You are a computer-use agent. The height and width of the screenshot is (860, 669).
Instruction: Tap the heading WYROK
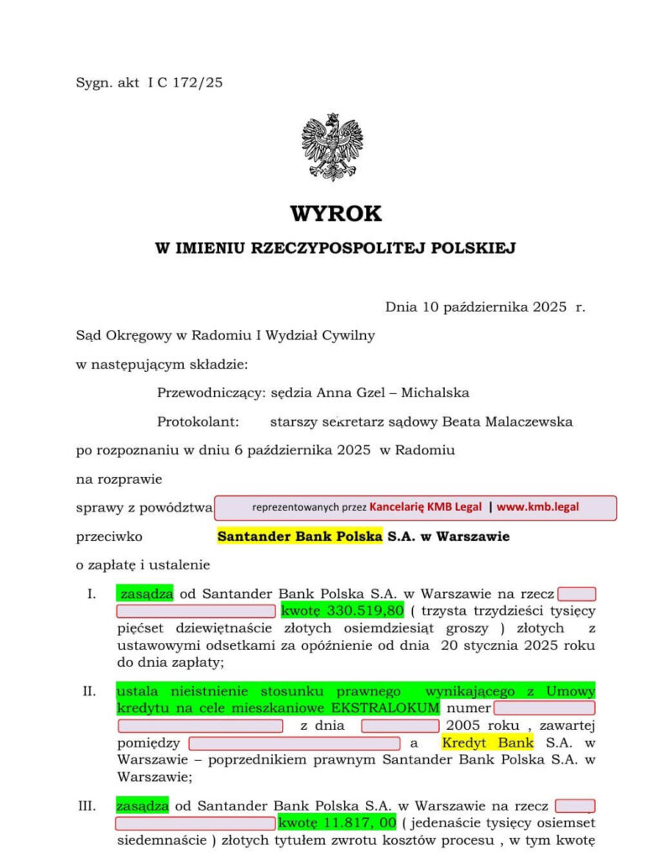point(336,213)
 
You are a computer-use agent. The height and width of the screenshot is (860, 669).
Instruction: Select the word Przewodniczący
point(205,392)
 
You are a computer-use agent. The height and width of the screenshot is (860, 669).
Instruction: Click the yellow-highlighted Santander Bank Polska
point(300,536)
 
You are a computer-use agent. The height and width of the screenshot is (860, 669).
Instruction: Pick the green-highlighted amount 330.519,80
point(342,611)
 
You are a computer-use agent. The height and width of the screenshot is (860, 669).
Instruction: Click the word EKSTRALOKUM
point(374,708)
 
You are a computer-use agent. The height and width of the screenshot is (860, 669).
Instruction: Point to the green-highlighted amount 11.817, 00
point(337,823)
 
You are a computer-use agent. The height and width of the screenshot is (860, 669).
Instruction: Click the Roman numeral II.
point(89,691)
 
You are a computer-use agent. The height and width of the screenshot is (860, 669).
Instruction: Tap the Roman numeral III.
point(86,806)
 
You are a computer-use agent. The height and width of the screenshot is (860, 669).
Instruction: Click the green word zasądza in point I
point(144,594)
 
